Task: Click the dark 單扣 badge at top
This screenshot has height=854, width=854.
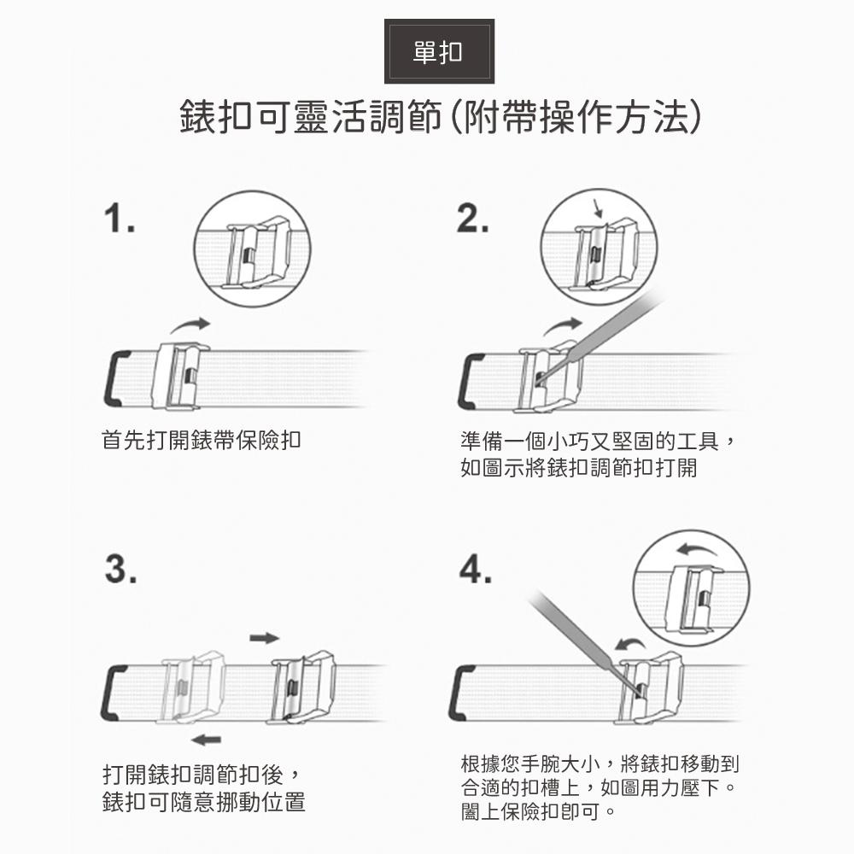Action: (x=439, y=52)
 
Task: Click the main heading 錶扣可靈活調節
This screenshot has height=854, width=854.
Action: (x=311, y=116)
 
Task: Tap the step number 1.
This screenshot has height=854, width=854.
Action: (x=120, y=218)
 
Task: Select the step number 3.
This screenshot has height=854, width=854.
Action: (x=120, y=569)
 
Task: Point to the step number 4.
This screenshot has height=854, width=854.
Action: (x=475, y=569)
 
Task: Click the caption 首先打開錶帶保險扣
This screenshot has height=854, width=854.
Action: (x=202, y=440)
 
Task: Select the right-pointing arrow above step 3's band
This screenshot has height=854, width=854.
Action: (x=265, y=638)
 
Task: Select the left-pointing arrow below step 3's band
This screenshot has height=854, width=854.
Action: (x=207, y=740)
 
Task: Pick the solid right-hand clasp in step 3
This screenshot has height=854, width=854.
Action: (x=301, y=687)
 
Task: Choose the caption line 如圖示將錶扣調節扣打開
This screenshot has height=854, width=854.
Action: (x=578, y=468)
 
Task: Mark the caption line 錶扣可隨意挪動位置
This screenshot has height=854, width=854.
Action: (x=204, y=801)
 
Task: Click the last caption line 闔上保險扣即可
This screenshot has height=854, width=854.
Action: (x=538, y=811)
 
